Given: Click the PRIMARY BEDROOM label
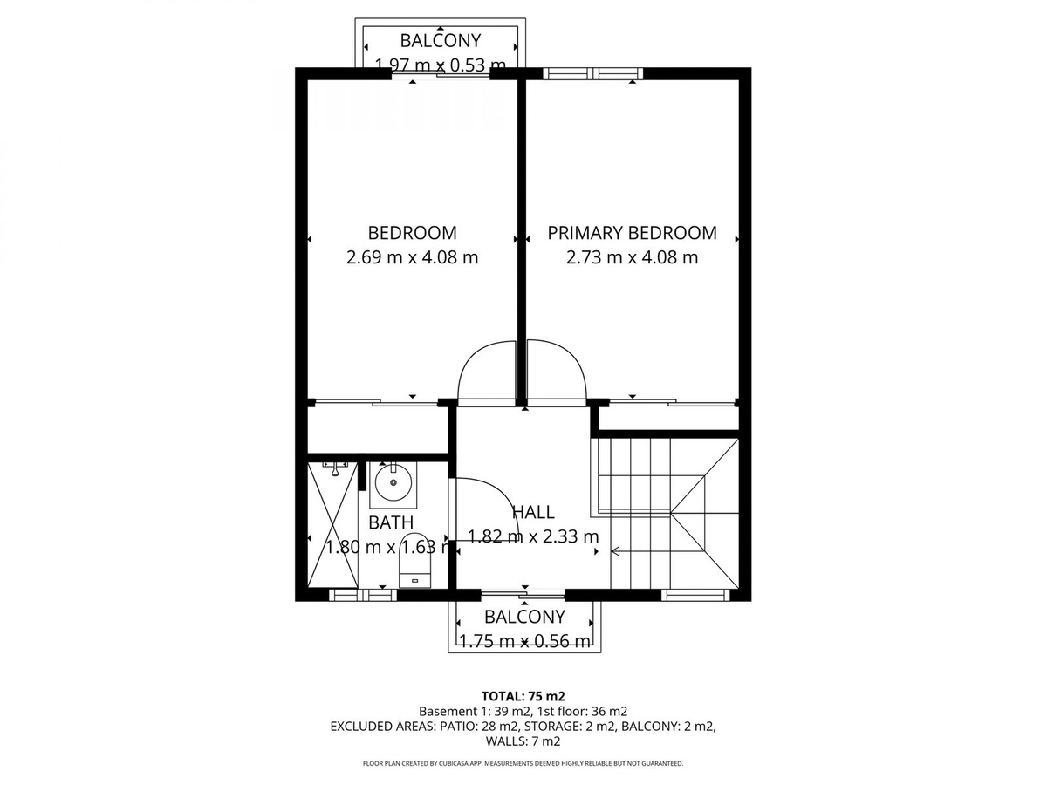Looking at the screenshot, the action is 632,233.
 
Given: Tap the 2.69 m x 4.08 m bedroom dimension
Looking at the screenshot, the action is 412,257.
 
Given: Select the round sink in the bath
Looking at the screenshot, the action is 393,482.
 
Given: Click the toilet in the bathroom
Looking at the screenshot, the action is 414,560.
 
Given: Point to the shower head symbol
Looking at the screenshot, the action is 336,468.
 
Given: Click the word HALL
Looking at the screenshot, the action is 533,512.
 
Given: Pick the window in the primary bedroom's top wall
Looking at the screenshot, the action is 592,73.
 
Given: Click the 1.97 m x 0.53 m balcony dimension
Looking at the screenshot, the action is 440,65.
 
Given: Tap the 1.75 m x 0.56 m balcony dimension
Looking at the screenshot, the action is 524,642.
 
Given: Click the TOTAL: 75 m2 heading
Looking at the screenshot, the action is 523,696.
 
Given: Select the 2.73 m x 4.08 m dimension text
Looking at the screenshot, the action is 632,257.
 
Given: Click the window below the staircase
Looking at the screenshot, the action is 695,595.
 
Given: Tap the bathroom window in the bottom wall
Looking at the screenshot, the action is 363,595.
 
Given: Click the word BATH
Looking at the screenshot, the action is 391,522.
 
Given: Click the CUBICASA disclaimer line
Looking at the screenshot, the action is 523,763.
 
